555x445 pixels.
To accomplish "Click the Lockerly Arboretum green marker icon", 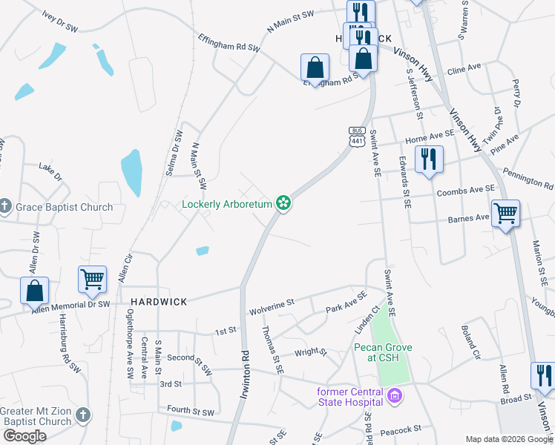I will pos(283,202).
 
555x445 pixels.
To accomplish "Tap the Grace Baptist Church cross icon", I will pos(5,207).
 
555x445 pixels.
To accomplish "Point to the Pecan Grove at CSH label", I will pos(382,352).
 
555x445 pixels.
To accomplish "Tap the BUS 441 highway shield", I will pos(356,136).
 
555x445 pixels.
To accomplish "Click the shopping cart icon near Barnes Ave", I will pos(505,214).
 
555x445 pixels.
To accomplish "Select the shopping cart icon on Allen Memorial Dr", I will pos(93,280).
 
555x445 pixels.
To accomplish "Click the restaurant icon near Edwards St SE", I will pos(429,159).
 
